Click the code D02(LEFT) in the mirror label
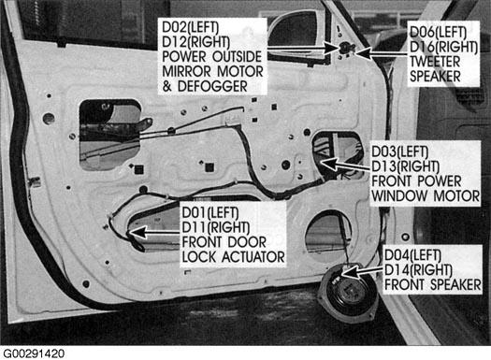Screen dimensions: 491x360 click(x=190, y=27)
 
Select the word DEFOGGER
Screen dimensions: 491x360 click(x=212, y=86)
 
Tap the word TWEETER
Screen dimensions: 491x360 click(x=435, y=62)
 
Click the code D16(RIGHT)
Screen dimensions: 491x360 click(x=443, y=47)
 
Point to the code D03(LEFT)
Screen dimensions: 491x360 click(x=399, y=152)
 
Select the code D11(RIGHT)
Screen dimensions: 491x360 click(x=216, y=227)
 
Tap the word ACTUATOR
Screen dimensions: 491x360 click(x=253, y=257)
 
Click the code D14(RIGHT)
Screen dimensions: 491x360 click(x=418, y=270)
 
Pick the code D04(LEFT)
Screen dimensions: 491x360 click(x=412, y=255)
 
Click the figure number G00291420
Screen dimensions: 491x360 click(x=34, y=353)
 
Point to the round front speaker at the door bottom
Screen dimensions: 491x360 click(x=348, y=292)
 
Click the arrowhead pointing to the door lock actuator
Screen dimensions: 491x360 click(x=137, y=233)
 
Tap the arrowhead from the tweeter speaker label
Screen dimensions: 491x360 click(x=363, y=52)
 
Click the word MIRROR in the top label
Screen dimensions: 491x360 click(x=187, y=71)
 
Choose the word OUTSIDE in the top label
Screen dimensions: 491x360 click(x=237, y=57)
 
